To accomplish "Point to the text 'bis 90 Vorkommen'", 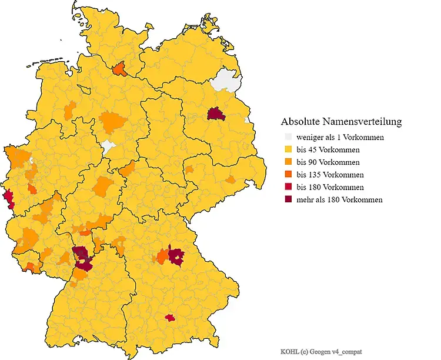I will [x=328, y=162].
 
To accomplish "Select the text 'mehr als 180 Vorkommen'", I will [x=339, y=199].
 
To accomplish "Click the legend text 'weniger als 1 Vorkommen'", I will [x=340, y=137].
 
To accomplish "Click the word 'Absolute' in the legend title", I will [x=300, y=122].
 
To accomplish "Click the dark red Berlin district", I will [x=216, y=114].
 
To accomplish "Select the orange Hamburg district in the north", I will [x=119, y=69].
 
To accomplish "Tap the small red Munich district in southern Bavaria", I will [x=170, y=318].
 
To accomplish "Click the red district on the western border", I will [x=8, y=198].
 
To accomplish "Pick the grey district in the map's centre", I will [x=108, y=146].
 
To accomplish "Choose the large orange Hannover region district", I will [x=113, y=122].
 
